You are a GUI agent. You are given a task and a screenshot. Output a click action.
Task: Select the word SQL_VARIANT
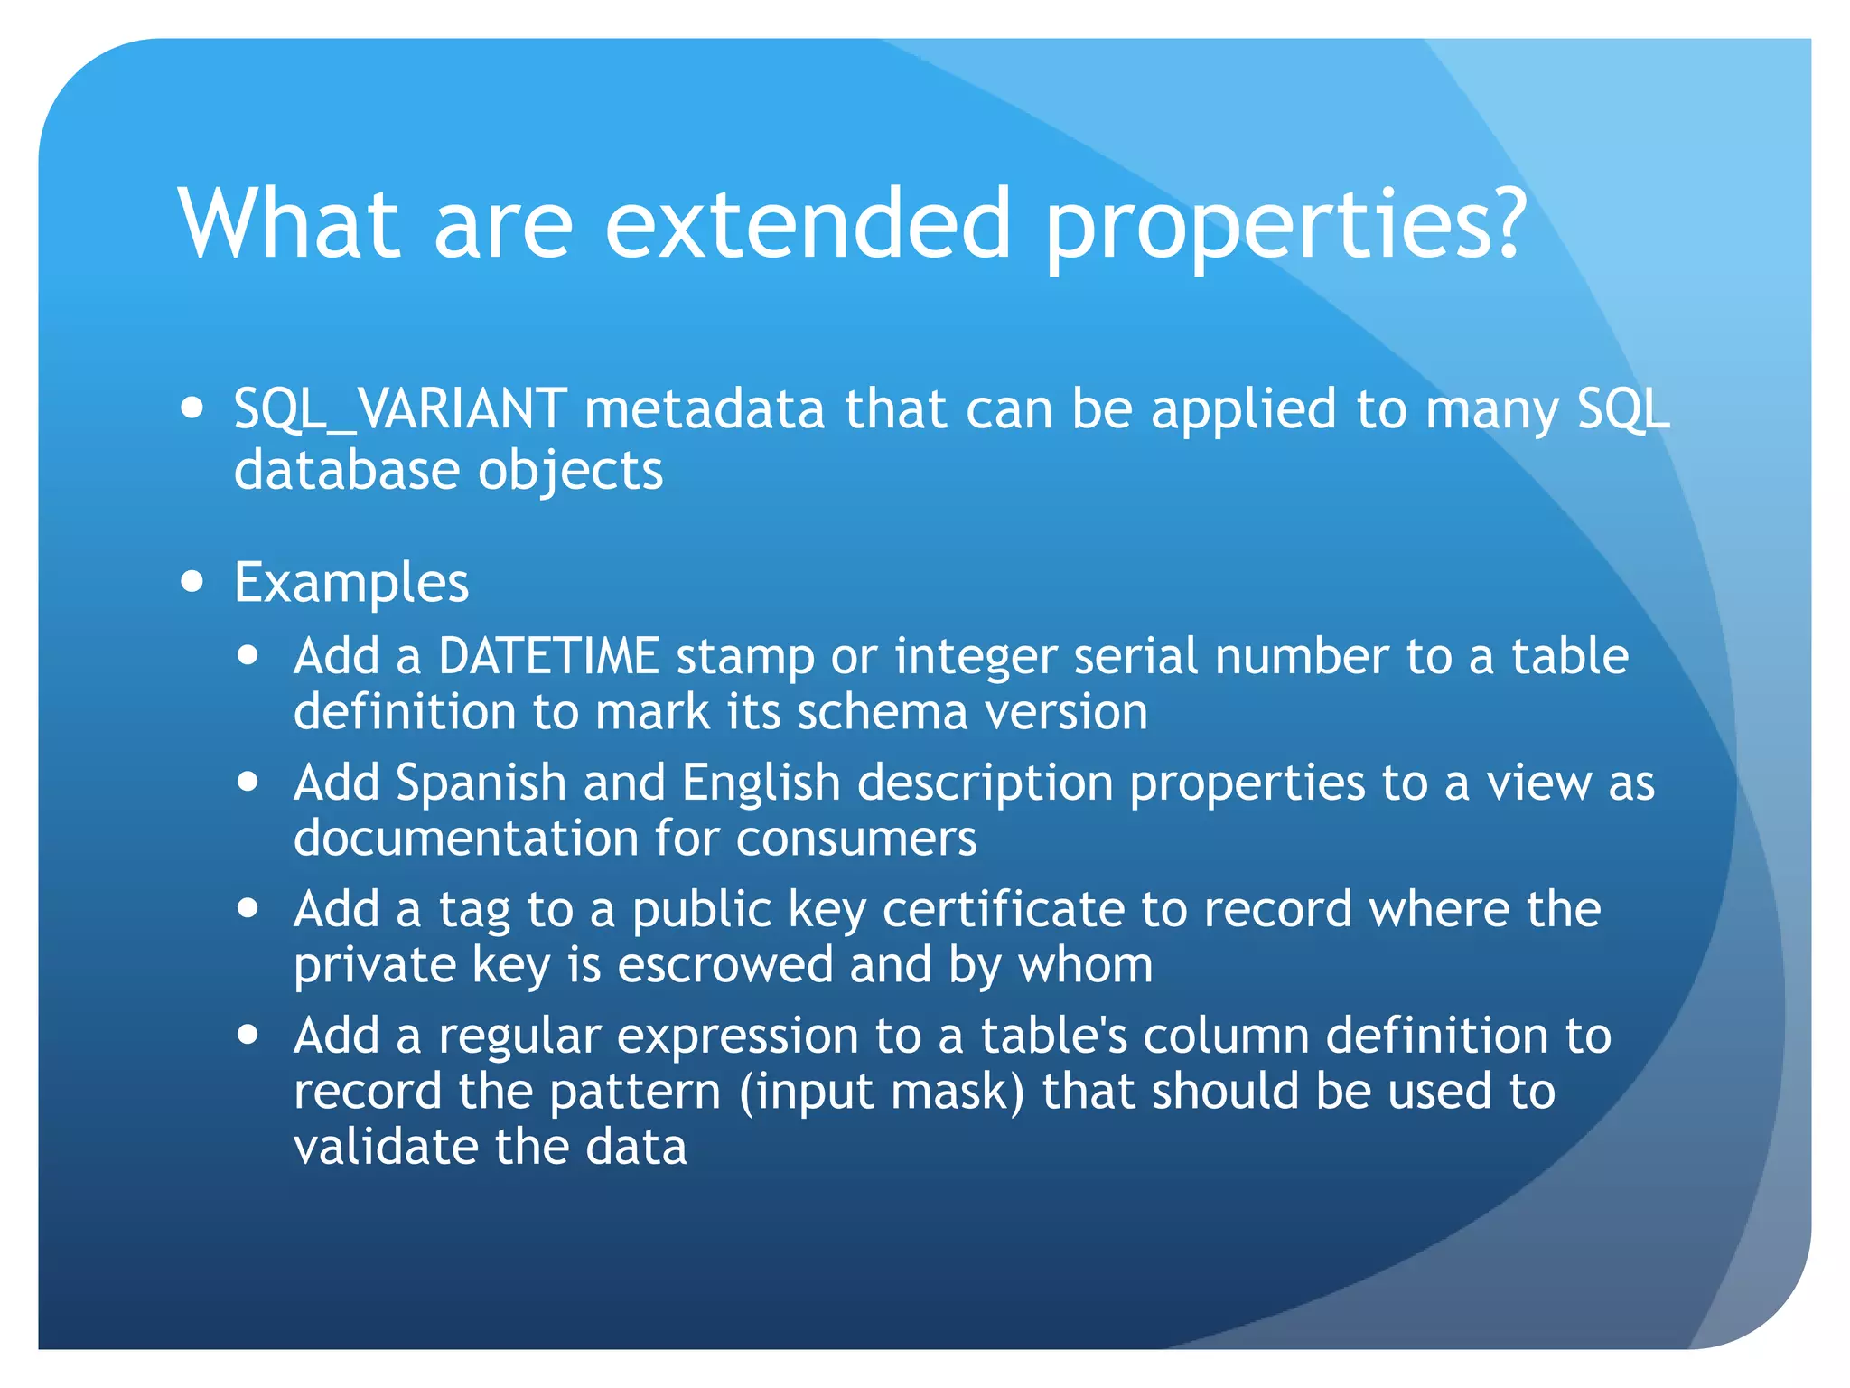point(400,409)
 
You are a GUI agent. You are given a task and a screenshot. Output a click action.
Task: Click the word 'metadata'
point(705,409)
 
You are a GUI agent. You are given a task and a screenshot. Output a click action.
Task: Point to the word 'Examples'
point(351,583)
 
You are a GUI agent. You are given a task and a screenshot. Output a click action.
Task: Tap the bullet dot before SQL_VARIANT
point(192,407)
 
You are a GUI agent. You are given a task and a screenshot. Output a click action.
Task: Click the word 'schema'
point(883,712)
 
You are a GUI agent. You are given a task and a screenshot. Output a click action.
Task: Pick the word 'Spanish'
point(481,783)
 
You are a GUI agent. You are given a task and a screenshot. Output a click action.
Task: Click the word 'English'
point(761,783)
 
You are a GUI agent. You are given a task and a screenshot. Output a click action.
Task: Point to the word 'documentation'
point(466,839)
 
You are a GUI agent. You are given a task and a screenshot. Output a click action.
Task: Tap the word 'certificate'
point(1003,909)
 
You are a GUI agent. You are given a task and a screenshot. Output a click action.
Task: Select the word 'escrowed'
point(724,965)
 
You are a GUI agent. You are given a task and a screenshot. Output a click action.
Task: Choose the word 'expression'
point(737,1036)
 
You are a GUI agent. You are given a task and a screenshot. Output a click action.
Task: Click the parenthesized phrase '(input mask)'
point(882,1092)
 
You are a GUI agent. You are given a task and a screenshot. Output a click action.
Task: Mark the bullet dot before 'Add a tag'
point(248,907)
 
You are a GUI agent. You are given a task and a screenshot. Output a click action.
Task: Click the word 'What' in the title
point(288,223)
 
